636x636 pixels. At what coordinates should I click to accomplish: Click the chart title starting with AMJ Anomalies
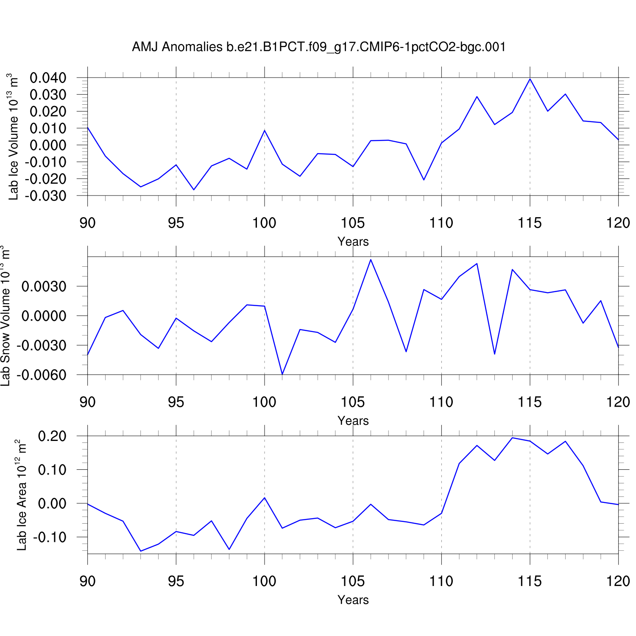(319, 47)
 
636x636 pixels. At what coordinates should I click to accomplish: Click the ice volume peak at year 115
(530, 79)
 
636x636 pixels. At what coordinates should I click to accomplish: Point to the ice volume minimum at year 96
(194, 190)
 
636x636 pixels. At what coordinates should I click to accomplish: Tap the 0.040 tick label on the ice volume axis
(48, 78)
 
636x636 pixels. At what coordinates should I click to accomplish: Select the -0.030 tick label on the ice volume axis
(46, 196)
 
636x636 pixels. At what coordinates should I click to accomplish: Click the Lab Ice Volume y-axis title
(13, 137)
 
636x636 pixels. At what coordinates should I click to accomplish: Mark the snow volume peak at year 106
(371, 259)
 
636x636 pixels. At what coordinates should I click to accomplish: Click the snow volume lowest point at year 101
(282, 374)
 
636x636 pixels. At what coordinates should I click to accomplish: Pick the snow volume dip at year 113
(495, 354)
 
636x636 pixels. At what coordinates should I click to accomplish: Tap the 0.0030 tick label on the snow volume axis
(44, 287)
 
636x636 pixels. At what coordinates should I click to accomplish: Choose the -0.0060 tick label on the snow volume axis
(42, 375)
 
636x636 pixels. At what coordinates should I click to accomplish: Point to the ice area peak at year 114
(512, 438)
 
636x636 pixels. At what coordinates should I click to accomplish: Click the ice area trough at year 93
(141, 551)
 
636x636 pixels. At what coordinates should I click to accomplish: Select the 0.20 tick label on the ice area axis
(52, 436)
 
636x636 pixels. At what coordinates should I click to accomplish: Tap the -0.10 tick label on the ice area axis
(50, 537)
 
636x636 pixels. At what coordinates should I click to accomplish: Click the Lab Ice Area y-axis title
(22, 495)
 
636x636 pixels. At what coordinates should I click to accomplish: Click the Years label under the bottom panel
(353, 600)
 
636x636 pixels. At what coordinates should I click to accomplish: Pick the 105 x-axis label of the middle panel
(353, 402)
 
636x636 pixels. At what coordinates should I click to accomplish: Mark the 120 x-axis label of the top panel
(618, 223)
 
